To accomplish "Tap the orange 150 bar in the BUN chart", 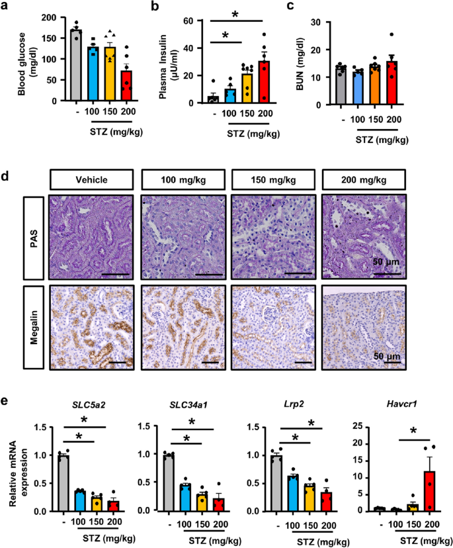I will point(374,85).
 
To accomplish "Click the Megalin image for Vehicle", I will point(91,324).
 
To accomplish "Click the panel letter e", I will point(7,402).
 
